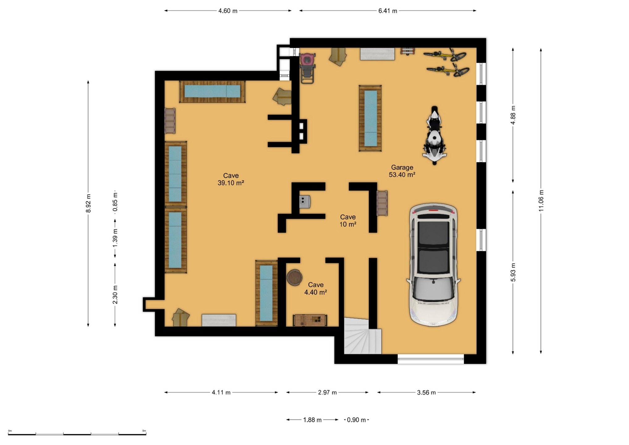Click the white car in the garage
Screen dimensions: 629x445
click(x=433, y=265)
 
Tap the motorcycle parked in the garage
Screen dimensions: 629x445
click(x=435, y=135)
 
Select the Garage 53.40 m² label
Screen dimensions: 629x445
click(x=402, y=171)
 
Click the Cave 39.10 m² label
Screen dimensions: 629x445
click(x=231, y=179)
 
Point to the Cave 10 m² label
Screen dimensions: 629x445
click(x=348, y=221)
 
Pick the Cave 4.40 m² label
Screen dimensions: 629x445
click(x=316, y=288)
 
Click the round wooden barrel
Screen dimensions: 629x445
click(x=294, y=277)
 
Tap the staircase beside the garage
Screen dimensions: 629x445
click(x=363, y=336)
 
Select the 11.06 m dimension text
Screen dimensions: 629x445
click(x=541, y=201)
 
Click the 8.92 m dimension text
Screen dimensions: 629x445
click(x=88, y=203)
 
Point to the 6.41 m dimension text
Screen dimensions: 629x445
click(x=388, y=11)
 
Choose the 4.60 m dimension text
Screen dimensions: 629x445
click(x=228, y=11)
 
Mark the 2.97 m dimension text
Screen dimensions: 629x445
click(x=327, y=392)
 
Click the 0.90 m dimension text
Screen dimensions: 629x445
click(x=356, y=420)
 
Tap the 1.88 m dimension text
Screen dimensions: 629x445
click(x=312, y=420)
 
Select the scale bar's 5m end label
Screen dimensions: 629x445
click(x=144, y=431)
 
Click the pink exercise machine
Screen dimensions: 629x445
click(x=307, y=68)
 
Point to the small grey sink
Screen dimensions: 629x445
click(x=304, y=202)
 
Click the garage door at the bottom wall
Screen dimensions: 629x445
click(x=431, y=359)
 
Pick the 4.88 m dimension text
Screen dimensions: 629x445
click(x=513, y=115)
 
